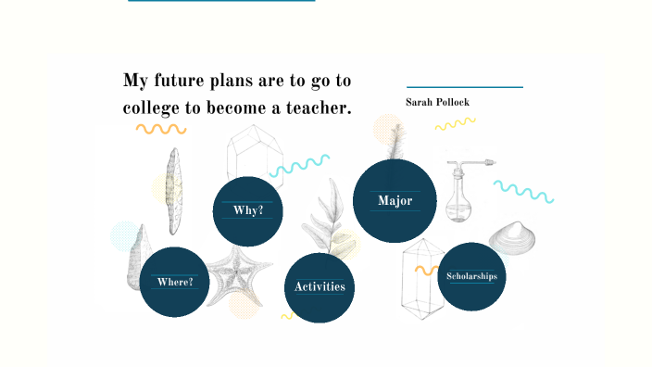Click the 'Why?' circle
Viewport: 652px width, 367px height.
[247, 210]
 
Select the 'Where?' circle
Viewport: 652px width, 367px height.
[175, 282]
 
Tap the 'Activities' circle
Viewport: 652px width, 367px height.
[320, 286]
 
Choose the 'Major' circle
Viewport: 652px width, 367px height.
[395, 200]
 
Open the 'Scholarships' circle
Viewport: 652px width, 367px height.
[471, 276]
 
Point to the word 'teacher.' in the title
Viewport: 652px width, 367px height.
[320, 108]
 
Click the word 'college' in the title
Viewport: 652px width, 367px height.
[152, 108]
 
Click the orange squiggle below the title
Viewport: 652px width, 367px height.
[160, 129]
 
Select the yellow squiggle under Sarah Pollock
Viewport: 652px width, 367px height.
[455, 123]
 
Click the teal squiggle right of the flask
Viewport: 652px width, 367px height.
[523, 191]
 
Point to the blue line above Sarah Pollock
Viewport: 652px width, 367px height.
[465, 87]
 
